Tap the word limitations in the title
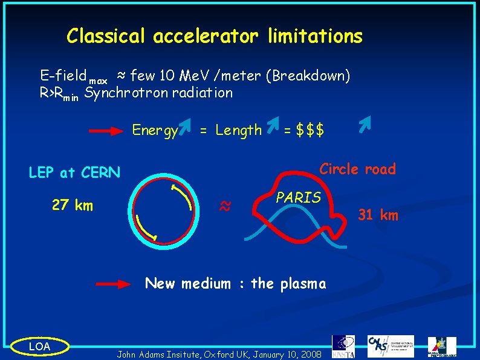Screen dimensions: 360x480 coord(316,36)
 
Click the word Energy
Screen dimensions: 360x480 coord(155,131)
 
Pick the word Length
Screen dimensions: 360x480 coord(238,130)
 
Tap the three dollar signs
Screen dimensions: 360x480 coord(310,130)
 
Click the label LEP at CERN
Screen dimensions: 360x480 coord(74,172)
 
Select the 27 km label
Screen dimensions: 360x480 coord(73,205)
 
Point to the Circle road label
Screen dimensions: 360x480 coord(357,169)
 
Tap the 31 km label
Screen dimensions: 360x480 coord(378,215)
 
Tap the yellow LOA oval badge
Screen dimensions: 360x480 coord(40,345)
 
